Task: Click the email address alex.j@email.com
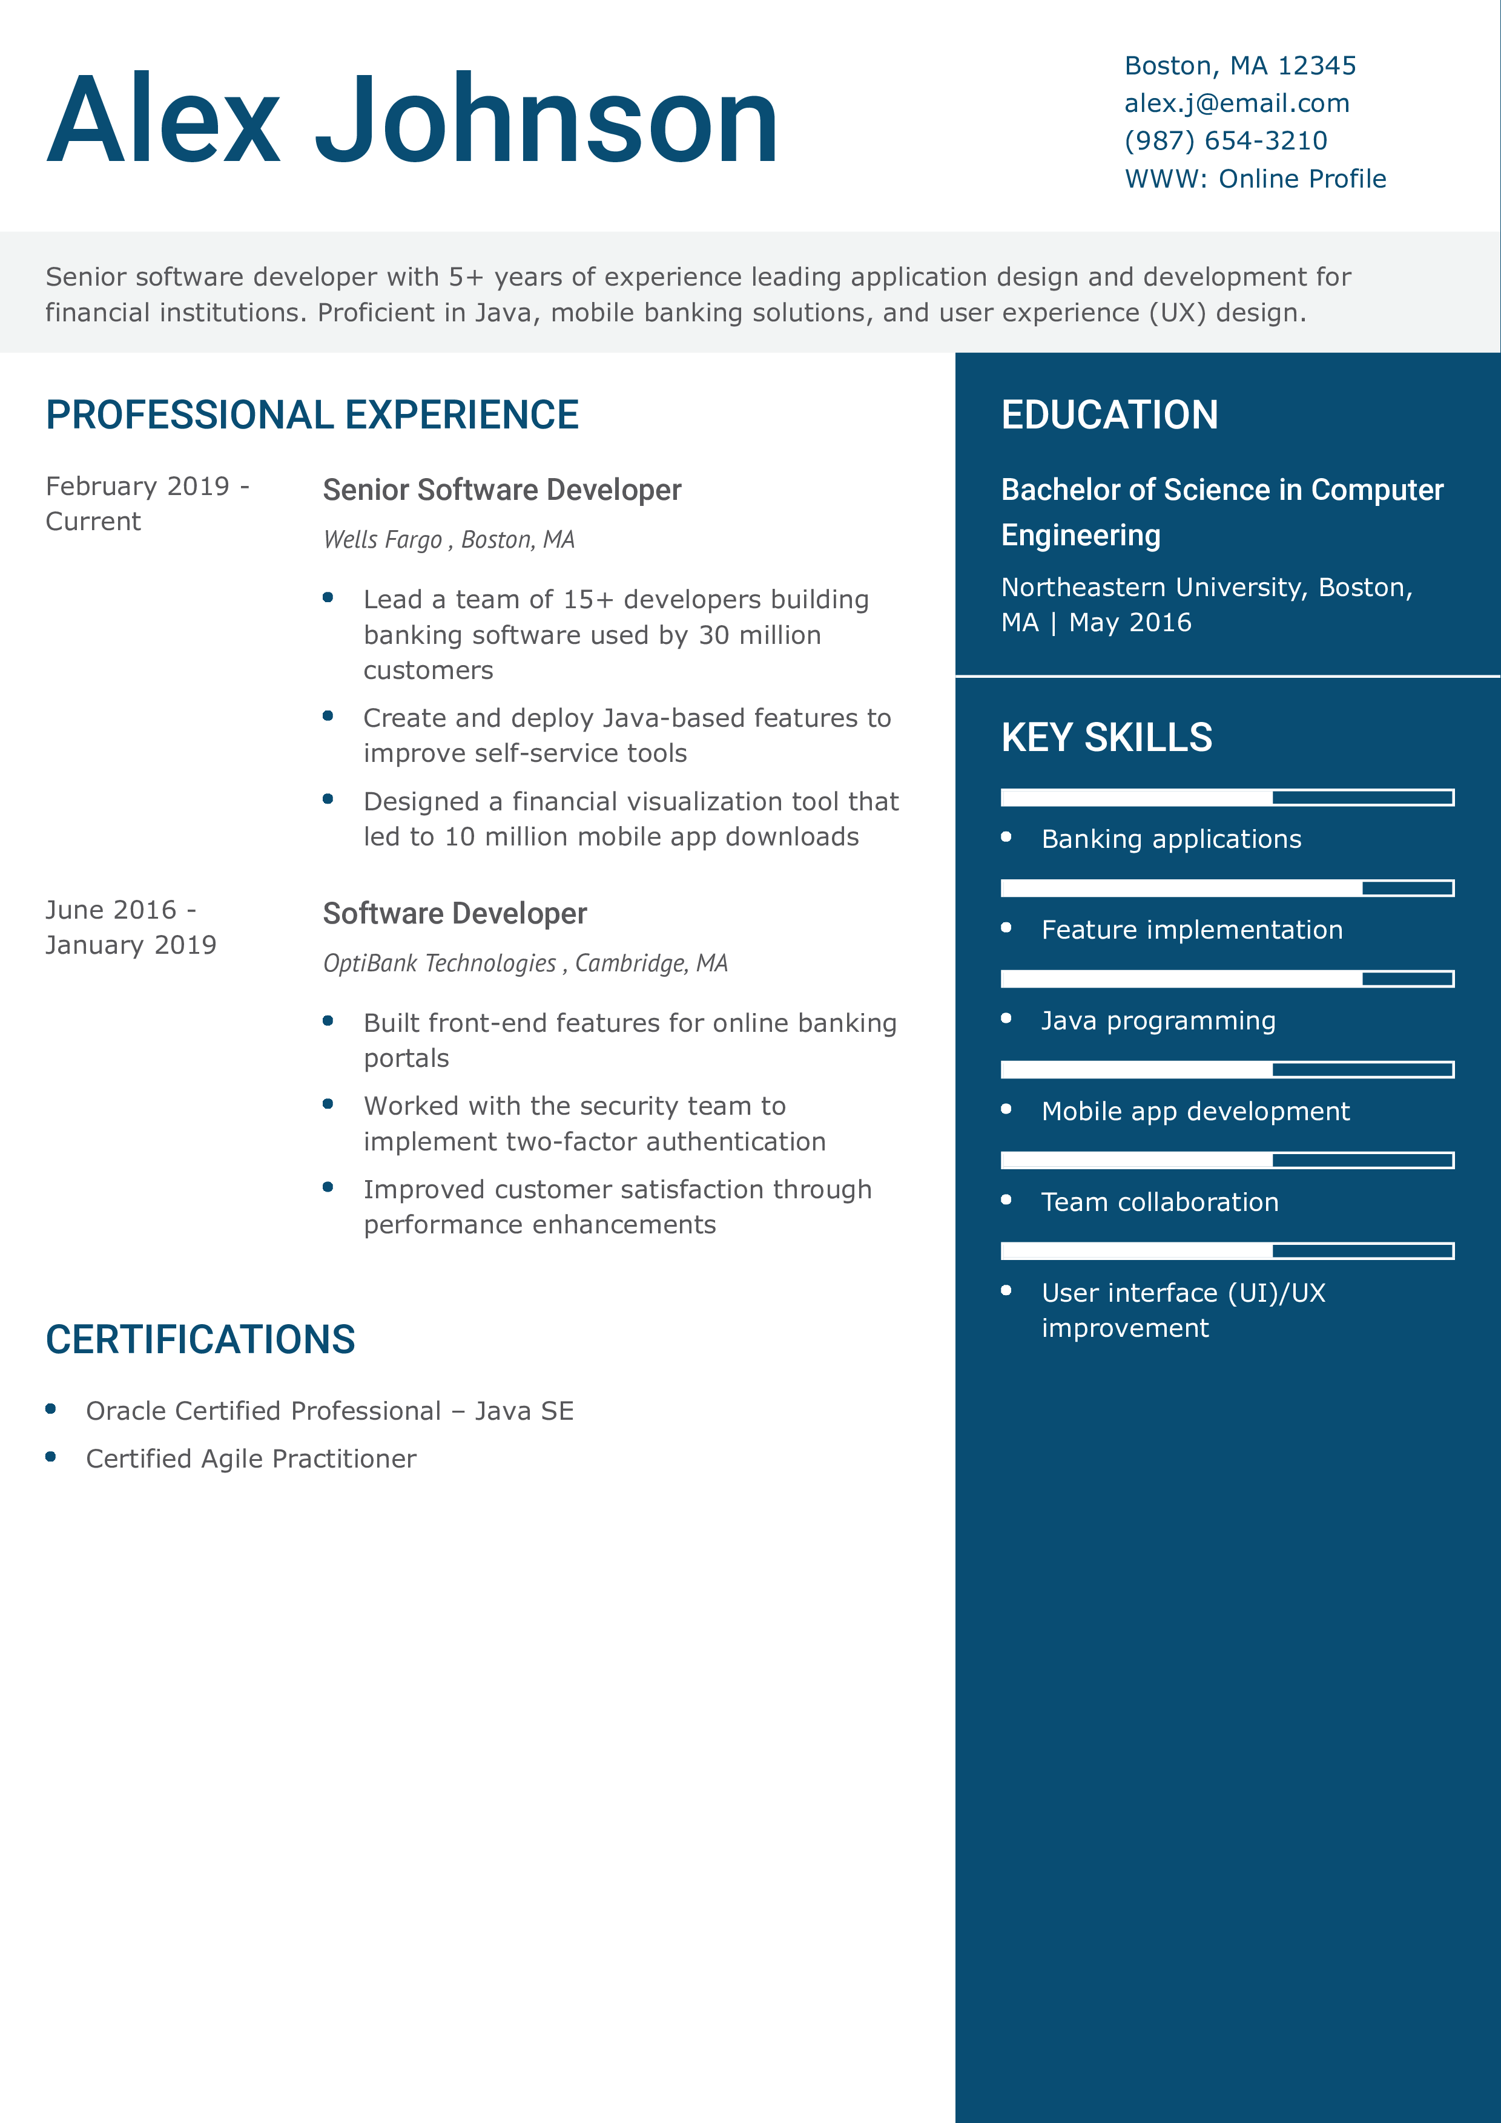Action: pos(1236,103)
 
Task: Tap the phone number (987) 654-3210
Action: pos(1226,140)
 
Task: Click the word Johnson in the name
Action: pos(547,120)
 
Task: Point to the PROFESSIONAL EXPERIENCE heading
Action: pos(312,415)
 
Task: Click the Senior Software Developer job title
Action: pos(501,490)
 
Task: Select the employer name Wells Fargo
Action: pos(382,540)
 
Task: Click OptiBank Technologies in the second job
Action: pos(440,963)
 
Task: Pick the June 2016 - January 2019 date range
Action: pos(130,927)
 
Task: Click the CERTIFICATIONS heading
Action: pos(200,1340)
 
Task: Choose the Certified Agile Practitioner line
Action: pos(251,1459)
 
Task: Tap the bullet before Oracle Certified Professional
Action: pos(51,1409)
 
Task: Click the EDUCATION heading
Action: pos(1109,415)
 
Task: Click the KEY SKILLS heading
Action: pos(1106,738)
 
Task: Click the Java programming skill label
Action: pos(1158,1021)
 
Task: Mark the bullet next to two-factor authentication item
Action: pos(328,1104)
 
